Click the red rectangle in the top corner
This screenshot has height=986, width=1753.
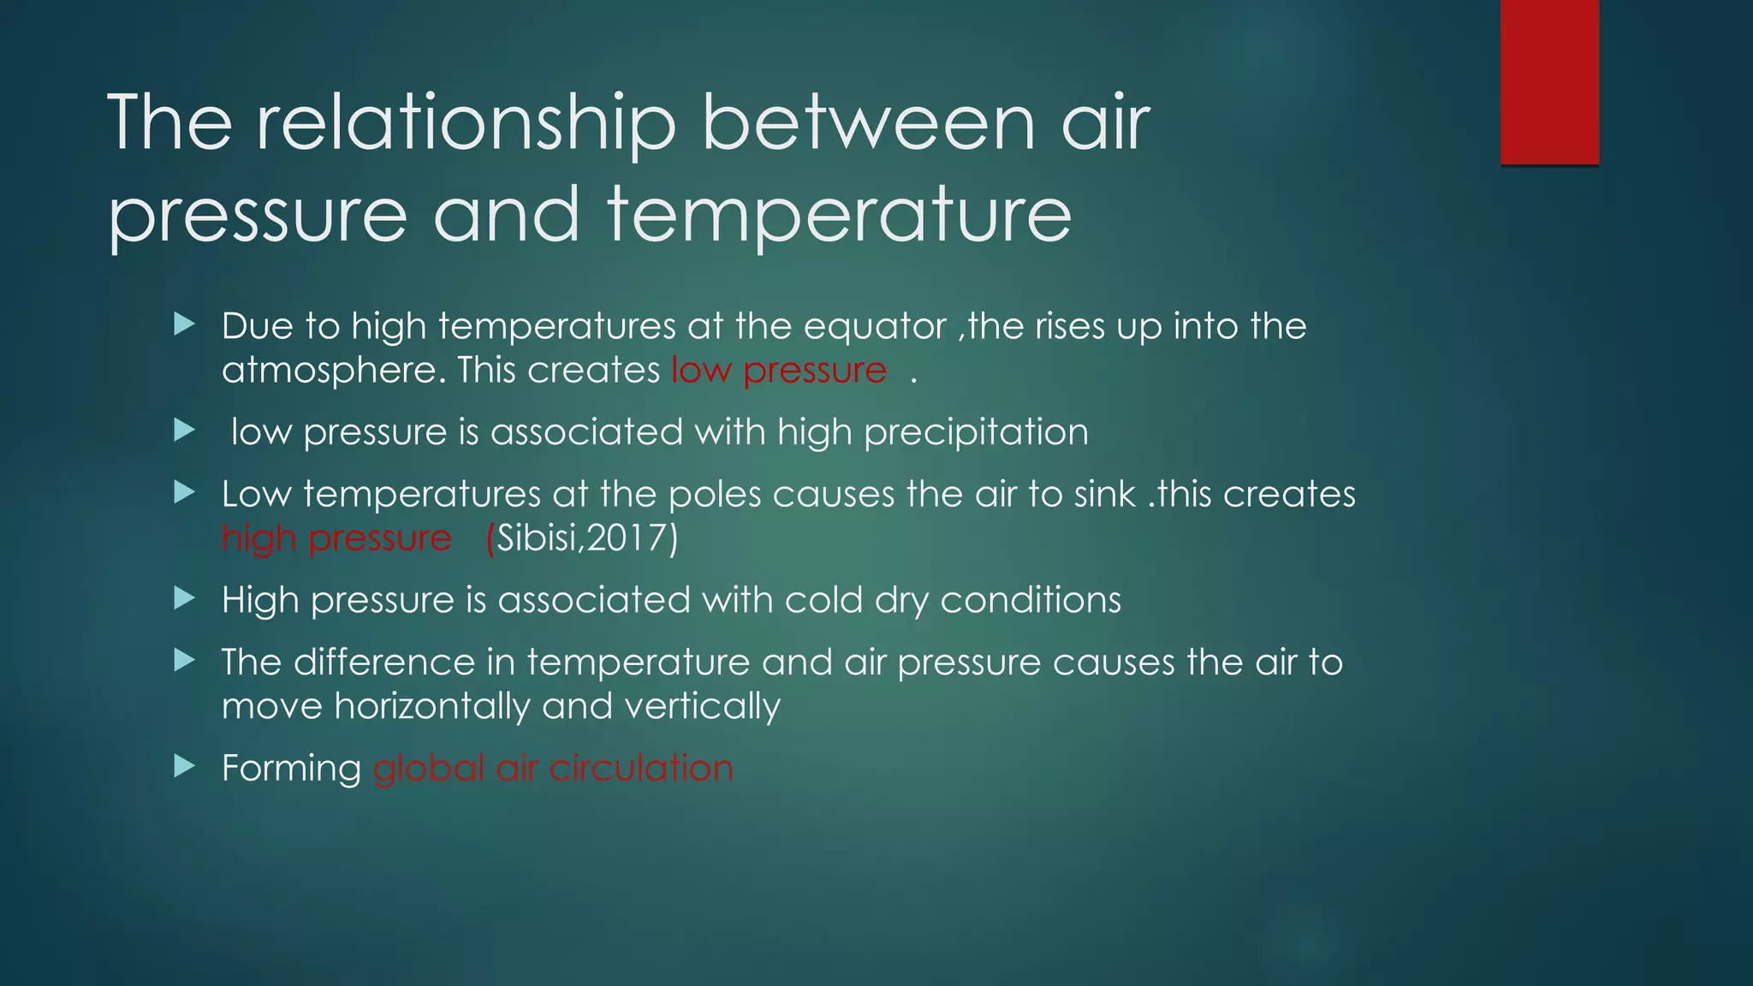(1549, 82)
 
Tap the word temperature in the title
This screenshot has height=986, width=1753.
(839, 214)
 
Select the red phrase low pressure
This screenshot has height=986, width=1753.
(779, 371)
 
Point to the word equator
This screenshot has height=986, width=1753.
(875, 327)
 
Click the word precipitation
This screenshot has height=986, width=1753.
(976, 432)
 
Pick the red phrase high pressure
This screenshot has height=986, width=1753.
(336, 538)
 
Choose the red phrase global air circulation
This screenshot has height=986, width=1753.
(553, 769)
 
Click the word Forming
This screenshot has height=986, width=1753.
(291, 769)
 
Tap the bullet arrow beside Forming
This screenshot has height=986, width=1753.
(184, 766)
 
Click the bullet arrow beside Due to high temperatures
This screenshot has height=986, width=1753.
(184, 324)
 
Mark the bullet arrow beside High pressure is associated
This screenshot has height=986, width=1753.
(184, 598)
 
